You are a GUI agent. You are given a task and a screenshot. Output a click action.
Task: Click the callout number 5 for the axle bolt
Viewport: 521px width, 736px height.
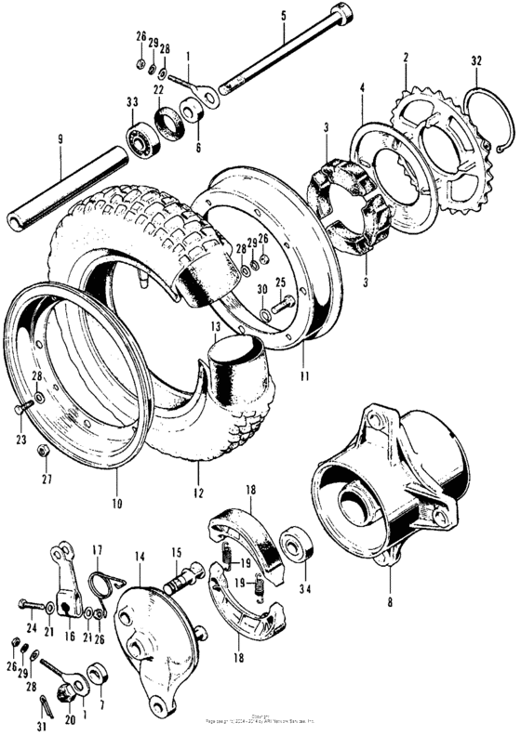[285, 16]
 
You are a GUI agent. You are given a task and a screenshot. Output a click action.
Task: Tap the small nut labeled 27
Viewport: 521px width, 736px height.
[43, 451]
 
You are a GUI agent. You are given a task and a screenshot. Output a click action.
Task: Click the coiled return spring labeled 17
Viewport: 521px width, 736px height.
[103, 586]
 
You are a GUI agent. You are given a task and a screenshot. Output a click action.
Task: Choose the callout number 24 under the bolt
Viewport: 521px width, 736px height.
[31, 628]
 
